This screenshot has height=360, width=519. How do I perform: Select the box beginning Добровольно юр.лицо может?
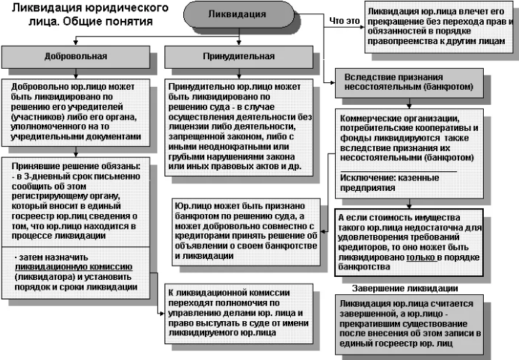tap(76, 112)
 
